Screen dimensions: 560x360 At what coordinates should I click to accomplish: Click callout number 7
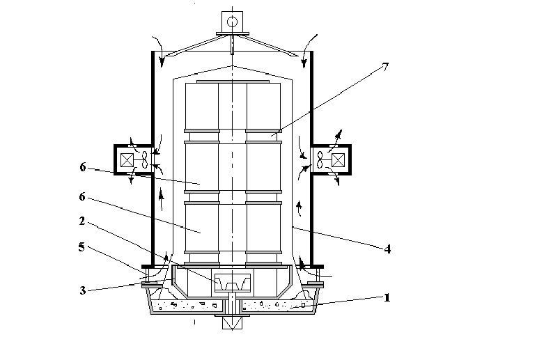pos(385,67)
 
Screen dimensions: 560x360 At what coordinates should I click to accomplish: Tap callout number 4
pos(387,249)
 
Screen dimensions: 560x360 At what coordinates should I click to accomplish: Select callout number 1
pos(387,297)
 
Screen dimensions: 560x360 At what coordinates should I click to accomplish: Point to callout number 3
pos(82,290)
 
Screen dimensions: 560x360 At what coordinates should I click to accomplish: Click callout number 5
pos(81,246)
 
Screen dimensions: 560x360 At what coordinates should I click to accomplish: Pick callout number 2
pos(82,221)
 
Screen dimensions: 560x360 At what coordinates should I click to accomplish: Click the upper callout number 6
pos(83,167)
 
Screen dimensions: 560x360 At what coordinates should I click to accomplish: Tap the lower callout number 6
pos(82,196)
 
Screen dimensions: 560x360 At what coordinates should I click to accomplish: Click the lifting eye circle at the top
pos(232,22)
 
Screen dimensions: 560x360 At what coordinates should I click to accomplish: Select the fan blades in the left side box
pos(144,159)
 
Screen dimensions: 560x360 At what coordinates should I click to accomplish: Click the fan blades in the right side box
pos(320,159)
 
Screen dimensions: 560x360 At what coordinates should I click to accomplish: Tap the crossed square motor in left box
pos(127,160)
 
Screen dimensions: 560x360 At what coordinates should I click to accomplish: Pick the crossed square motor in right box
pos(338,160)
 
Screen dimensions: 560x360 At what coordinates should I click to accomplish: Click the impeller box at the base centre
pos(233,283)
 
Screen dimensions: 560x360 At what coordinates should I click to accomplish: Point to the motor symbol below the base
pos(232,323)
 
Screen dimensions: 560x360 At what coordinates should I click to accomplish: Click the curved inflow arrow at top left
pos(160,50)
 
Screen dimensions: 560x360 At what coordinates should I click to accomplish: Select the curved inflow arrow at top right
pos(308,50)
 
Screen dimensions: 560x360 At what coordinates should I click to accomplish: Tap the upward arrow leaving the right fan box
pos(336,141)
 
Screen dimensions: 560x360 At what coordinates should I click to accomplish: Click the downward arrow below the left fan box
pos(132,175)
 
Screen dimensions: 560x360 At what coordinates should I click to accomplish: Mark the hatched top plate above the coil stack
pos(233,81)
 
